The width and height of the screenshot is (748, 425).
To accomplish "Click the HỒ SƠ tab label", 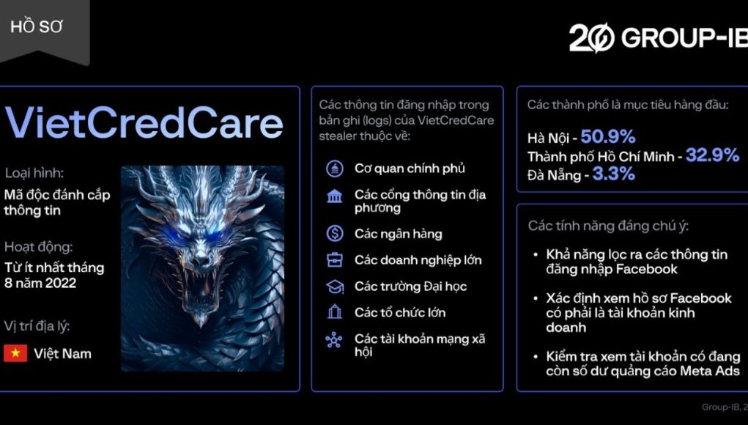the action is click(x=36, y=27).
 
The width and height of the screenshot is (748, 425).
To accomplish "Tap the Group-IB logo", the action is click(x=659, y=37).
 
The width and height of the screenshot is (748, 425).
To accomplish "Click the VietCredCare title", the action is click(x=144, y=122).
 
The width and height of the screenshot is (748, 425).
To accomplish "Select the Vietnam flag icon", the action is click(x=15, y=353).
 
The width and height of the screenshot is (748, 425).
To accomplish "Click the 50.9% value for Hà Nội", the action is click(x=608, y=137).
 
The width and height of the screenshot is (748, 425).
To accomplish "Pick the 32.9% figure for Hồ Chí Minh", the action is click(x=712, y=155).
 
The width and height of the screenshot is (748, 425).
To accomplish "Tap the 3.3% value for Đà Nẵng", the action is click(x=613, y=174).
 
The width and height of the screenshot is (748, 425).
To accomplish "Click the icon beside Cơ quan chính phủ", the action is click(x=334, y=169).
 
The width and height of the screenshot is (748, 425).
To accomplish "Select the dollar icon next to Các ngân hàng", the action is click(x=334, y=233).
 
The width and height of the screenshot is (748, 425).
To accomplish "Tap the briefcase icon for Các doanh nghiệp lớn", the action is click(x=334, y=260).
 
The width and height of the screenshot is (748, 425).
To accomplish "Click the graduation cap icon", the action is click(x=334, y=287).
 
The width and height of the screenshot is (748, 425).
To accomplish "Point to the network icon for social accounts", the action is click(x=334, y=340).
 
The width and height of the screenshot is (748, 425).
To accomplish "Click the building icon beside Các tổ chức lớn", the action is click(x=334, y=312).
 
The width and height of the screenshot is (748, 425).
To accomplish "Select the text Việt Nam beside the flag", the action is click(x=62, y=354).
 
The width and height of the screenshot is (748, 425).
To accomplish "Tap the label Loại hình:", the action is click(x=34, y=173).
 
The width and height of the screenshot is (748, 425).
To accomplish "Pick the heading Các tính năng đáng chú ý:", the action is click(x=608, y=226).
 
